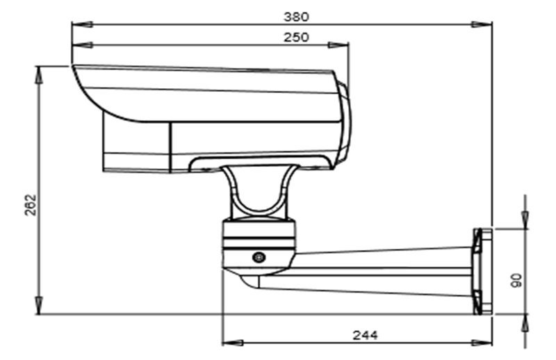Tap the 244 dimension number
(364, 335)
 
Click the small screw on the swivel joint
(259, 257)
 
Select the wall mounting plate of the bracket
(482, 270)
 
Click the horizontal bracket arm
(382, 268)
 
